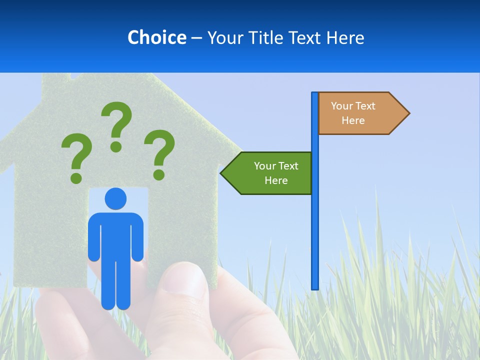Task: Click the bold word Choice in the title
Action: [x=156, y=37]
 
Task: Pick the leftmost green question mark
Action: [x=76, y=158]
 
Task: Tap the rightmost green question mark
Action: [x=159, y=154]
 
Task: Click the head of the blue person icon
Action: [x=115, y=198]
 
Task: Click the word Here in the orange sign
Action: [x=353, y=120]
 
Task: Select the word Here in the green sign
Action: [x=276, y=180]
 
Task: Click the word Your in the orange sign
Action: [x=342, y=106]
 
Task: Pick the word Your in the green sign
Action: [x=265, y=166]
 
